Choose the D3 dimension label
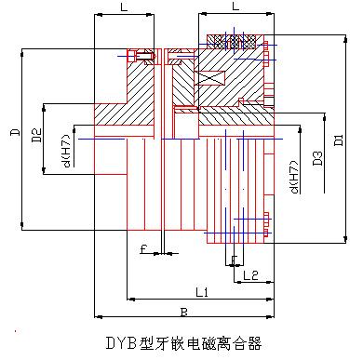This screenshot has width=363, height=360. [317, 162]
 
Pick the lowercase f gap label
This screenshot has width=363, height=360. [143, 248]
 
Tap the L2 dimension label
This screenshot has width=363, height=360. [249, 275]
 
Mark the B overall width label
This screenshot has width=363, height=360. [183, 312]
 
